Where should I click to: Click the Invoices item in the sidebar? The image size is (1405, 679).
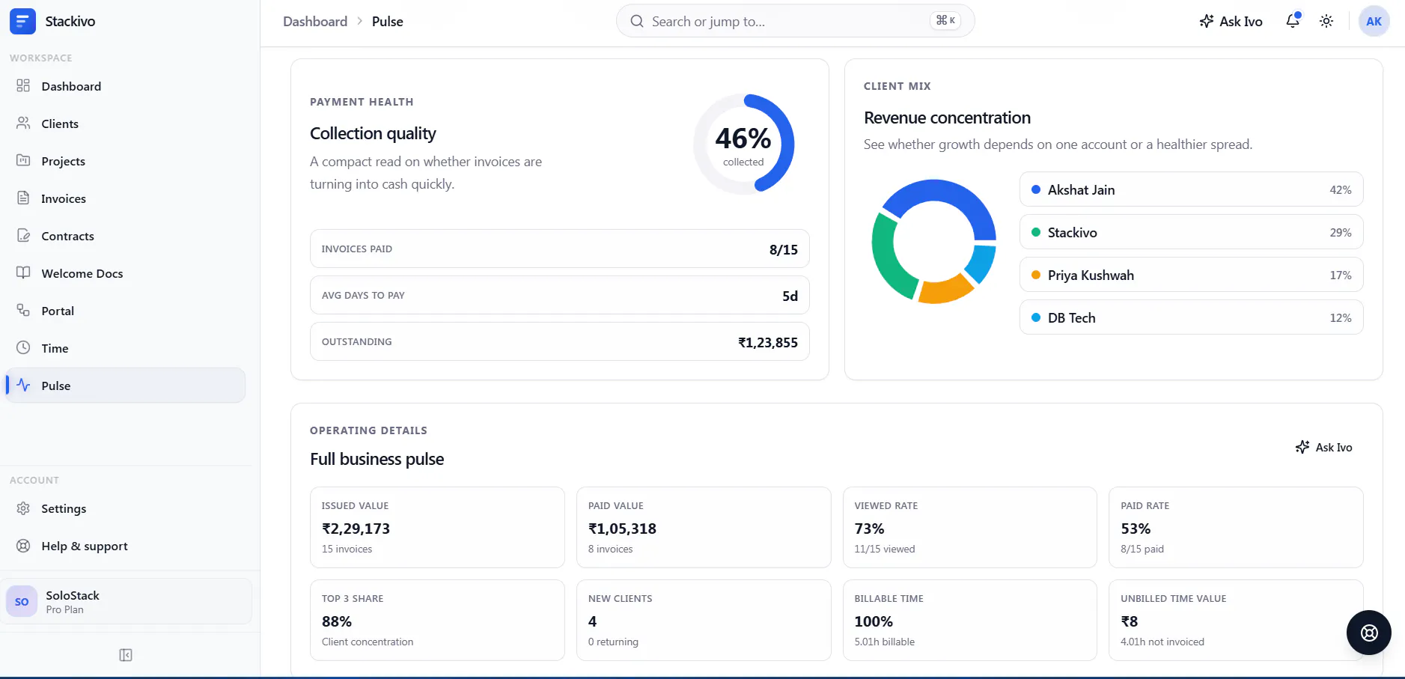pos(63,198)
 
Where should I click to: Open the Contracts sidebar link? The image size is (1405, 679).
pos(67,236)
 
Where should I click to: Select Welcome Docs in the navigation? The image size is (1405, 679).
pos(82,273)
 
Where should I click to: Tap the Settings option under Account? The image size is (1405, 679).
pos(64,508)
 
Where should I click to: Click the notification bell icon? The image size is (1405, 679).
pos(1293,21)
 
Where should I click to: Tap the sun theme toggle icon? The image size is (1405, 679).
pos(1326,21)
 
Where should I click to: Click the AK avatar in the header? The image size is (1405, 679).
pos(1374,21)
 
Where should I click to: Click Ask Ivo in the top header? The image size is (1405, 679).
pos(1231,21)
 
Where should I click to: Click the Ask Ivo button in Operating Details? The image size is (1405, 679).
pos(1323,447)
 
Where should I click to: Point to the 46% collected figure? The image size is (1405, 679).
pos(743,138)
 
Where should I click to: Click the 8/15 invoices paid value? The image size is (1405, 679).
pos(784,249)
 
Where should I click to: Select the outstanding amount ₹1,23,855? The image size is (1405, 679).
pos(768,342)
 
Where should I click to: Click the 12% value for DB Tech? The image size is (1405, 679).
pos(1340,318)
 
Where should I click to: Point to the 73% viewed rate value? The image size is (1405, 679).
pos(869,529)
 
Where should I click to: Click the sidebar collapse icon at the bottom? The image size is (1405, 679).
pos(126,655)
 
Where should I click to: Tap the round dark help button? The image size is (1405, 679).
pos(1368,633)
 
